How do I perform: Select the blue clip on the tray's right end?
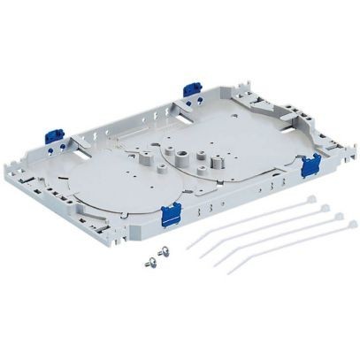310,164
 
